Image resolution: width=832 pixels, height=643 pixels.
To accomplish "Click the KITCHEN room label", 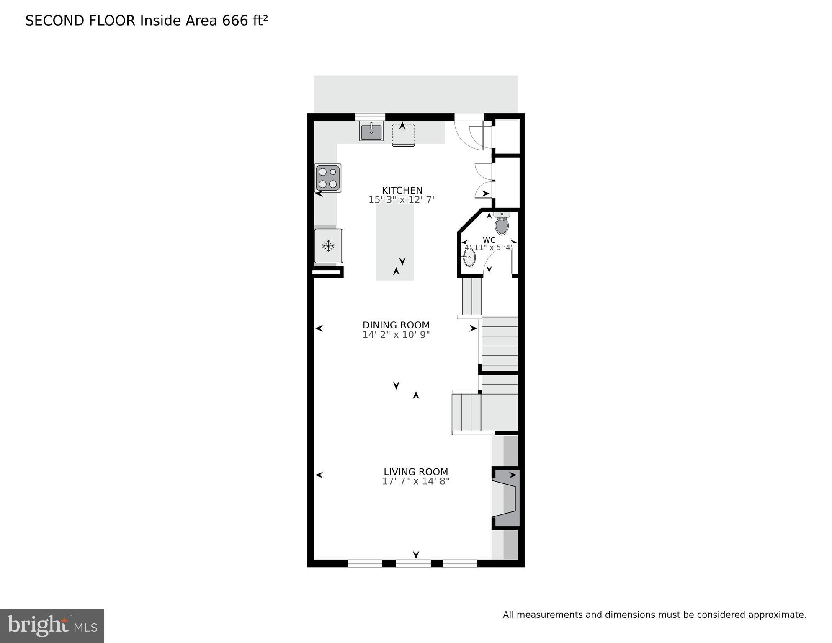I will coord(402,190).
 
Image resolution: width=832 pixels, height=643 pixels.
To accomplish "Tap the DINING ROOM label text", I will coord(396,325).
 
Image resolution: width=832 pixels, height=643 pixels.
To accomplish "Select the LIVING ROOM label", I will coord(415,472).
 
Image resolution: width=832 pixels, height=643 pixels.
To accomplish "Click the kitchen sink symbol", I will coord(371,131).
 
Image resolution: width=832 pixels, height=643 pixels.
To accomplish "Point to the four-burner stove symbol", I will coord(328,178).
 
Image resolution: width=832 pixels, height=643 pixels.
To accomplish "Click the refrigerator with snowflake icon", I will coord(328,246).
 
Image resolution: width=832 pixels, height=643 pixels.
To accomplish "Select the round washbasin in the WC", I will coord(469,258).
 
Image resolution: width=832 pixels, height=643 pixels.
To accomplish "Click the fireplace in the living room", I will coord(507,498).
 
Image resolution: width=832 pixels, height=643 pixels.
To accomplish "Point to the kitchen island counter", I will coord(394,243).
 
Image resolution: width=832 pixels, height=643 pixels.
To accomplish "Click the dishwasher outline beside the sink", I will coord(403,135).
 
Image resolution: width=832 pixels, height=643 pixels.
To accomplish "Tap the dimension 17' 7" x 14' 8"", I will coord(415,481).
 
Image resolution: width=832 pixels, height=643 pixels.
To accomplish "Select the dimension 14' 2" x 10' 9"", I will coord(396,335).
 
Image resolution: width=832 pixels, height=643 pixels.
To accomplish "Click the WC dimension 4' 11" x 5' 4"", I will coord(489,248).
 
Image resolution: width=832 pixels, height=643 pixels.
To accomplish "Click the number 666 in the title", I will coord(235,21).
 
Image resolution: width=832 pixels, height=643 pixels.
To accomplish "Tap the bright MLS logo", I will coord(52,625).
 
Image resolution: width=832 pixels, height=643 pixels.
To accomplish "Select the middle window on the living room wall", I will coord(413,563).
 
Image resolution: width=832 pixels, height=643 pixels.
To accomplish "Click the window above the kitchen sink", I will coord(370,116).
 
